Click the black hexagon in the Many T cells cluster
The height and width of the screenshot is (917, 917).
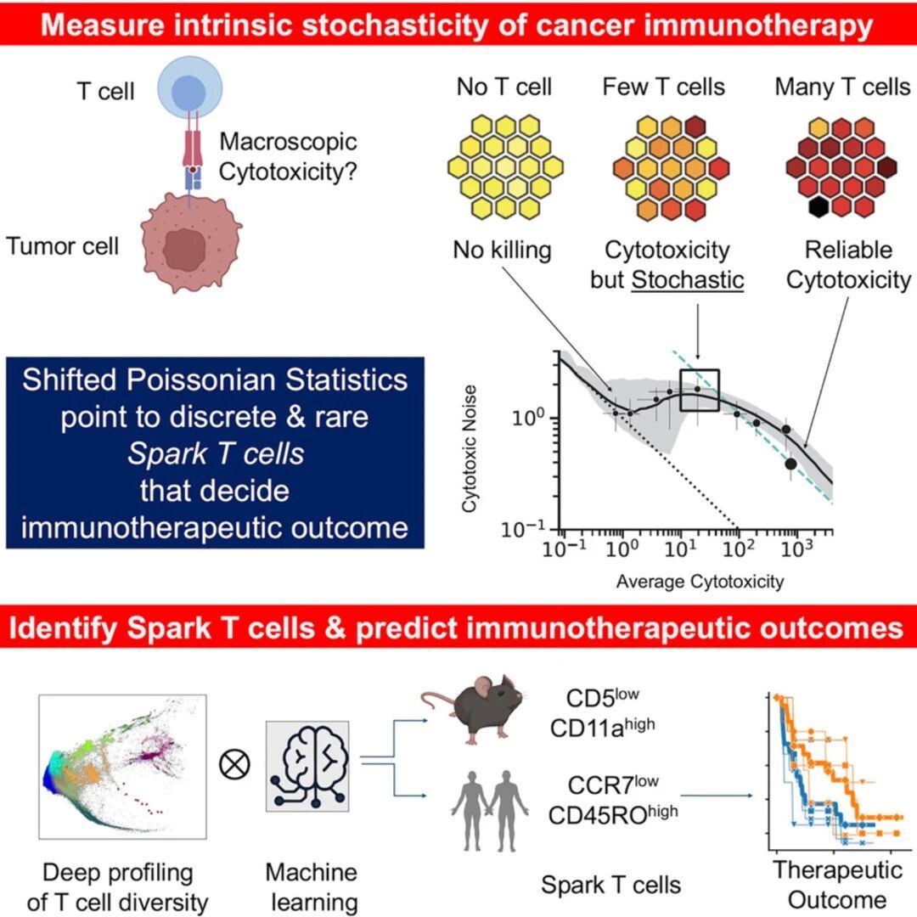pos(819,206)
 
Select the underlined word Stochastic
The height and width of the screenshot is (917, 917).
pos(688,279)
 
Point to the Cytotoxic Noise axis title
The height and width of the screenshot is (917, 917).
pos(469,448)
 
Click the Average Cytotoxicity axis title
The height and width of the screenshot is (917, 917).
pos(700,582)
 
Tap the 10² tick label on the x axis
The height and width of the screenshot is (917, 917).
pos(737,548)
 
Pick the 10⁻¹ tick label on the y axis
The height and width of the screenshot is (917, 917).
pos(522,529)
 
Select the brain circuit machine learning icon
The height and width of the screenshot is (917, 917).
pos(307,766)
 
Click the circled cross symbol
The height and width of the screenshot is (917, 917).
pos(234,764)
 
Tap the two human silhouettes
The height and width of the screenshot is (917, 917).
pos(490,810)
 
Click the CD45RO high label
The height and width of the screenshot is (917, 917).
pos(613,814)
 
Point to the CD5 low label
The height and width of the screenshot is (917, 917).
pos(602,697)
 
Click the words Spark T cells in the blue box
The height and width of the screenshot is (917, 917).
pos(216,453)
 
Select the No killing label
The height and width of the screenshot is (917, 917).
pos(502,250)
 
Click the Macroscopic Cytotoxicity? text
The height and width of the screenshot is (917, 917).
pos(288,157)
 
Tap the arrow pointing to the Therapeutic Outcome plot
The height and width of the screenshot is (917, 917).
pos(717,796)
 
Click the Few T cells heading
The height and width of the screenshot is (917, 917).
pos(664,87)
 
